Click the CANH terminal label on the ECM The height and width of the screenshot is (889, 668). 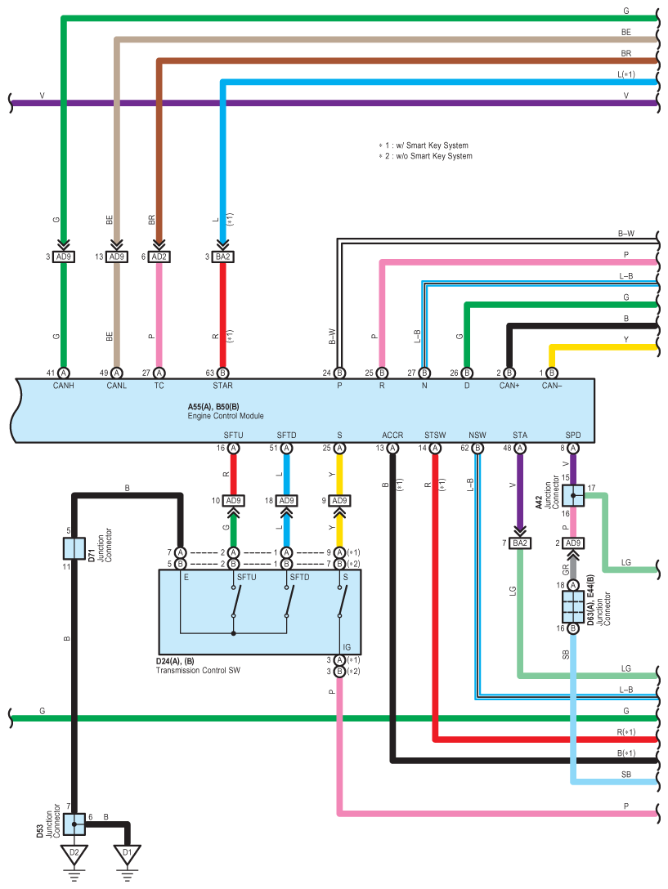[64, 386]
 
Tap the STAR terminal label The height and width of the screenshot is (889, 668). [222, 386]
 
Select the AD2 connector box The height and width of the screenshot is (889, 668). [159, 257]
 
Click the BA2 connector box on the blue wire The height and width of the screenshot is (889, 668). [222, 257]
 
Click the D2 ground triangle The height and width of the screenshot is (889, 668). [74, 854]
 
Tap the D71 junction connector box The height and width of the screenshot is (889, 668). [74, 548]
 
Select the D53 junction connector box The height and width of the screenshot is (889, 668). [74, 824]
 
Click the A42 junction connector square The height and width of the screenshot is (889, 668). [573, 495]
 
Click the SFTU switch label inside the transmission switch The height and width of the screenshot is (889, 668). [247, 577]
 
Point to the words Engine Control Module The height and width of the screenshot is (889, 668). [226, 416]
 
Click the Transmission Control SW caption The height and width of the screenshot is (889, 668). [198, 670]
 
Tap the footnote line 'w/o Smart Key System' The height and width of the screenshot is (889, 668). [426, 156]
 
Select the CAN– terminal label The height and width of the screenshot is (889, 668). [552, 386]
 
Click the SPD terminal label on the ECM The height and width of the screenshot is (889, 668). [573, 435]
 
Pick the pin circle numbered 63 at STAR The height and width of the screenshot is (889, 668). [222, 373]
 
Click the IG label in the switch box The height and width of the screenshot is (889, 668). [347, 647]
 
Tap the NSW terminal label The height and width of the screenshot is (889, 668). [477, 435]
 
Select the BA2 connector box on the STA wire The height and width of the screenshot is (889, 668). [520, 543]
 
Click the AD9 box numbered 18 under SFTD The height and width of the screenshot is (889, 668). [287, 501]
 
